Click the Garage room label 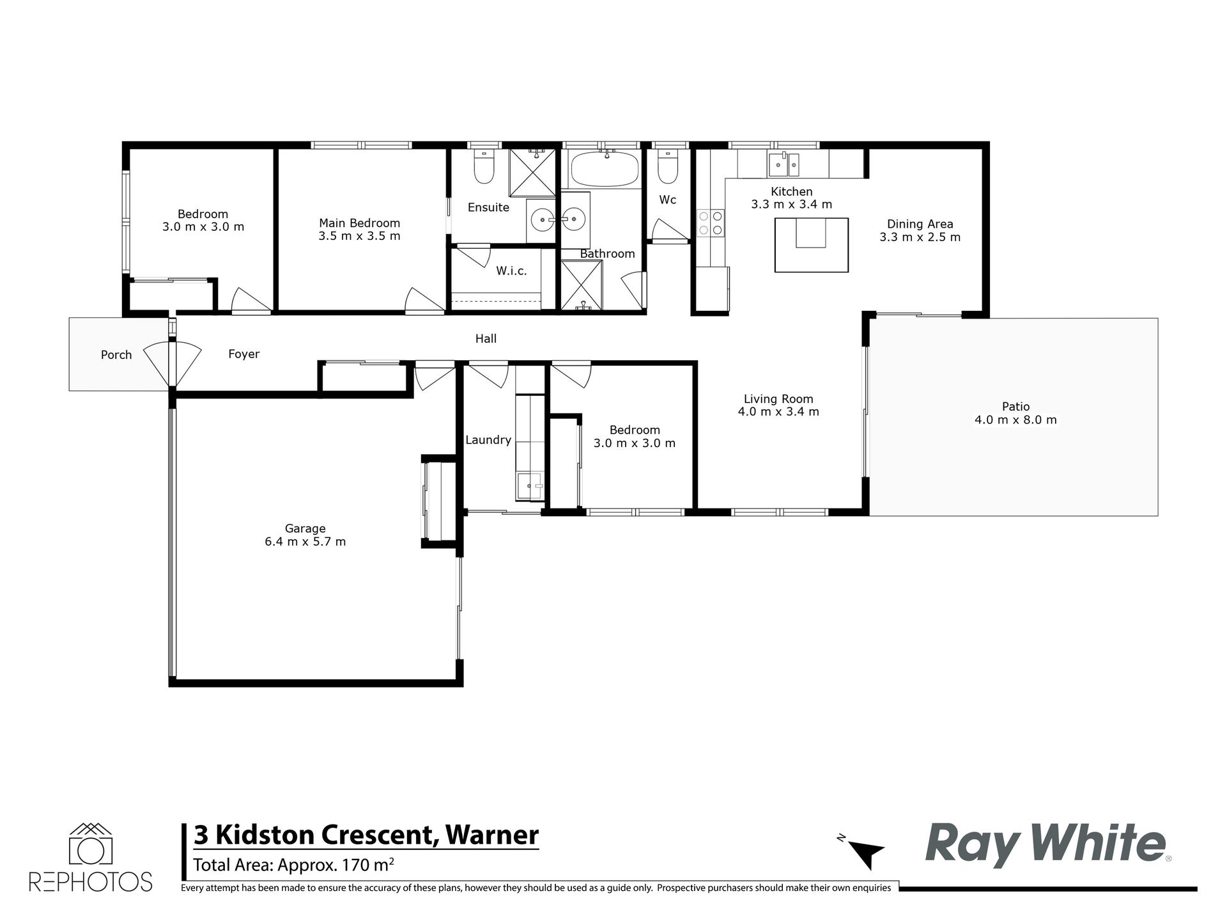[x=305, y=528]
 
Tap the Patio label [x=1015, y=406]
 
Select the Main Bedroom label [x=359, y=223]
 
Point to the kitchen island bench [x=812, y=245]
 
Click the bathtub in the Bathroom [x=605, y=170]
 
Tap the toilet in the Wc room [x=667, y=166]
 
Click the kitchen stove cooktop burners [x=711, y=222]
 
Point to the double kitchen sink [x=783, y=164]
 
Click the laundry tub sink [x=530, y=485]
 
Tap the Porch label [x=116, y=354]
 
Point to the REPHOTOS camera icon [x=90, y=844]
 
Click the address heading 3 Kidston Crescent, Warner [x=366, y=835]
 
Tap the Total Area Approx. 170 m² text [x=293, y=865]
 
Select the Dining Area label [x=920, y=224]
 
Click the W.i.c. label [x=511, y=271]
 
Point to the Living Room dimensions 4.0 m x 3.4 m [x=778, y=412]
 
